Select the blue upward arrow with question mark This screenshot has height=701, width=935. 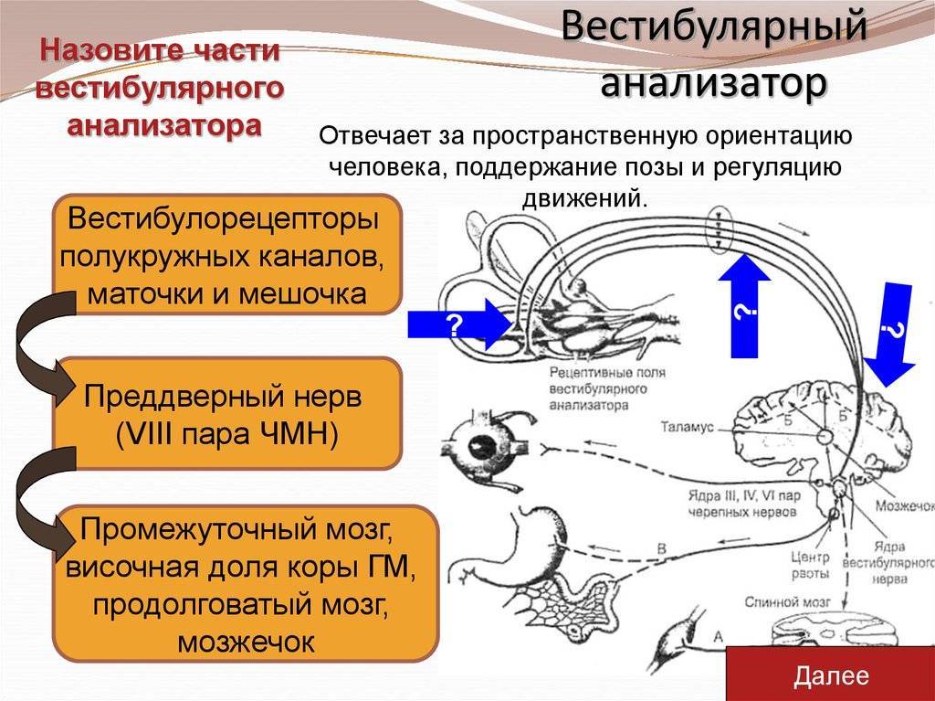pos(744,306)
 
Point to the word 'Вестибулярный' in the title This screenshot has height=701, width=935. pos(713,27)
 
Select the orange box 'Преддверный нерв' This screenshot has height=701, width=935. pos(226,413)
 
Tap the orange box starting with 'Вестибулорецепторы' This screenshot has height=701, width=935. pos(226,254)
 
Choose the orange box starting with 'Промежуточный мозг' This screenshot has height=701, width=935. pos(246,583)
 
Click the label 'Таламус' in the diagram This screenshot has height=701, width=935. pos(687,427)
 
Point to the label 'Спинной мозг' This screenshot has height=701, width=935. pos(787,602)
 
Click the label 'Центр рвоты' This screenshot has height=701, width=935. pos(810,566)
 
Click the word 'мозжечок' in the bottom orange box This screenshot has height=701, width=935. pos(246,642)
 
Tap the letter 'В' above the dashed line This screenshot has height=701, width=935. pos(661,548)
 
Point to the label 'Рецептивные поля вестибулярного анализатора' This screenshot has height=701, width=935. pos(607,388)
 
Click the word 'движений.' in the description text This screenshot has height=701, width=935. pos(584,196)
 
